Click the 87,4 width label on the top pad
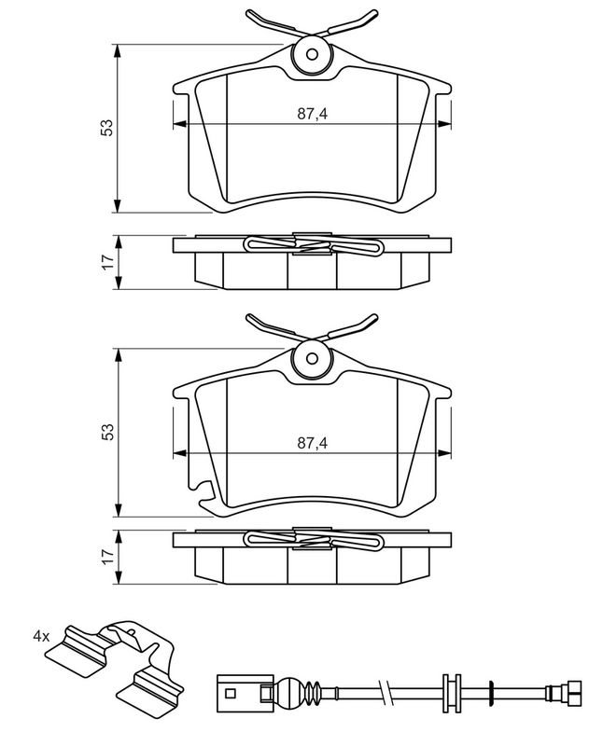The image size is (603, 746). [313, 113]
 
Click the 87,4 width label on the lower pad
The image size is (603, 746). [313, 443]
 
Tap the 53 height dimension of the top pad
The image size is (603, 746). [107, 128]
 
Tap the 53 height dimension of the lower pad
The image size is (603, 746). [107, 432]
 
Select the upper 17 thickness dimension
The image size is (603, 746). [108, 261]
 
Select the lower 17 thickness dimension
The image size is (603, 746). [108, 556]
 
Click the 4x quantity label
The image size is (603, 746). [41, 636]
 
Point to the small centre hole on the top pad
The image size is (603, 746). [312, 55]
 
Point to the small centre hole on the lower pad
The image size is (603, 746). [312, 358]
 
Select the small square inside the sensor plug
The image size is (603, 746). [231, 694]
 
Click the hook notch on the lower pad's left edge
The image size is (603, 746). [201, 493]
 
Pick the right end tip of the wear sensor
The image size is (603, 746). [582, 692]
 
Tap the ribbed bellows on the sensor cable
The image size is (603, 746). [310, 692]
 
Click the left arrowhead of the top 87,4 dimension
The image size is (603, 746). [179, 124]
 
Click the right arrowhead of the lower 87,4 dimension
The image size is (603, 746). [444, 453]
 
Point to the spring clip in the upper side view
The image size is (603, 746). [313, 245]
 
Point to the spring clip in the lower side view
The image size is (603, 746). [313, 539]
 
